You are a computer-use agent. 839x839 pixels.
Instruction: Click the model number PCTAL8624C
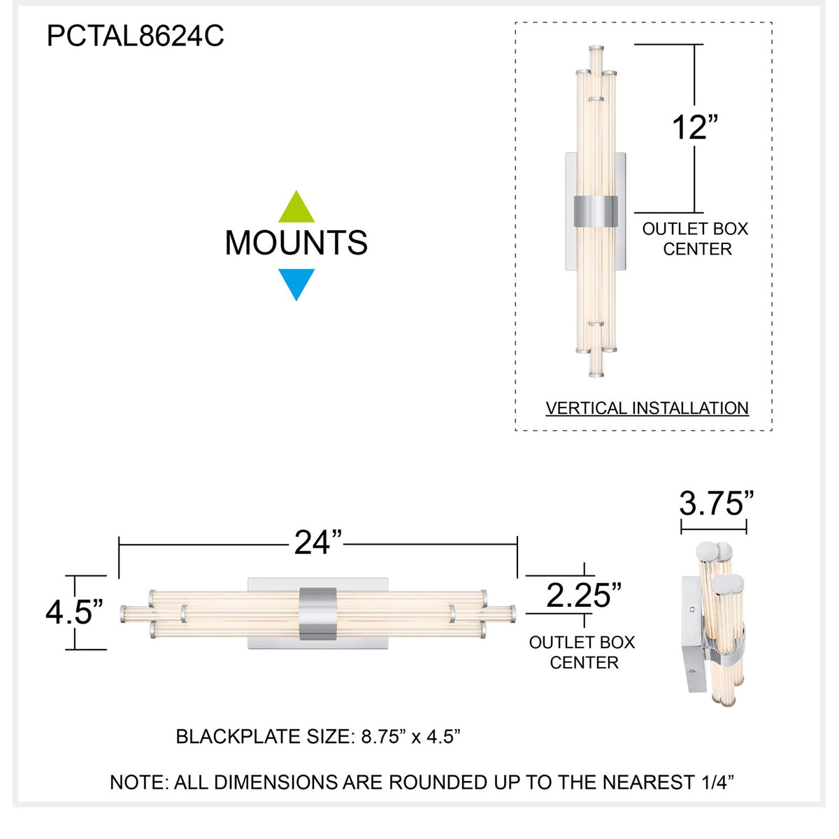pyautogui.click(x=136, y=36)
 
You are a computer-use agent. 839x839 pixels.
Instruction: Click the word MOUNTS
pyautogui.click(x=296, y=243)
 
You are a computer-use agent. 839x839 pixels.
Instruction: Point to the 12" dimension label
pyautogui.click(x=694, y=127)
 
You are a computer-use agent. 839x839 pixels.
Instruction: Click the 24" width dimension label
pyautogui.click(x=318, y=543)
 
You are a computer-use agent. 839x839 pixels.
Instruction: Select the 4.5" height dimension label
pyautogui.click(x=74, y=612)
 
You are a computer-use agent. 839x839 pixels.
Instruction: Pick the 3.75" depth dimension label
pyautogui.click(x=717, y=503)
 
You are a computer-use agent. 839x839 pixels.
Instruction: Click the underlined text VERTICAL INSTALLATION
pyautogui.click(x=647, y=408)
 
